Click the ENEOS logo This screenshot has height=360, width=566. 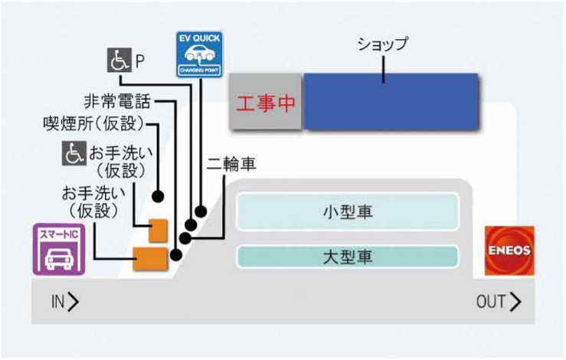click(x=509, y=250)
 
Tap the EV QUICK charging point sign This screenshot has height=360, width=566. click(x=198, y=56)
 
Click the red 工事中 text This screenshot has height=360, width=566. click(x=265, y=103)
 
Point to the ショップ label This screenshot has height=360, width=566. click(x=383, y=44)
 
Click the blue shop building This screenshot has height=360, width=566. click(x=391, y=101)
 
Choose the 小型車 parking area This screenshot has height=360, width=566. click(x=348, y=211)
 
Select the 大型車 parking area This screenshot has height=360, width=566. click(x=348, y=256)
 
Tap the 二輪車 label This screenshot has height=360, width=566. click(x=231, y=164)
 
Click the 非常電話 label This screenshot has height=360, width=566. click(x=116, y=101)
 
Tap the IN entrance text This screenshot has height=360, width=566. click(x=58, y=302)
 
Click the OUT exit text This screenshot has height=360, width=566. click(x=490, y=302)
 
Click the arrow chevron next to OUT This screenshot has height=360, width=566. click(x=515, y=302)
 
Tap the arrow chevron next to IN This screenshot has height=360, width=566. click(x=74, y=302)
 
